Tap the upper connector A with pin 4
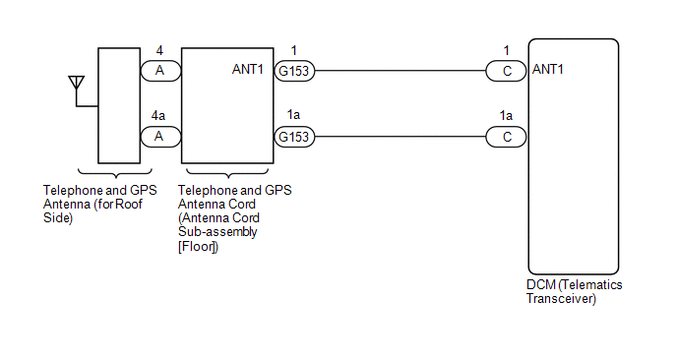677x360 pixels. [160, 71]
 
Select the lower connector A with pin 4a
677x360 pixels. [160, 137]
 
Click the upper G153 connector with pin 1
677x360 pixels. [294, 71]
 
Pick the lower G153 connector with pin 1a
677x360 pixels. [294, 137]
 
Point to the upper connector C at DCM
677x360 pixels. [506, 71]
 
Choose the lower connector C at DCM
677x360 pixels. [506, 137]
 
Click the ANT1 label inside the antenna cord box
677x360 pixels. [247, 69]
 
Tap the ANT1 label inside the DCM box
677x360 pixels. [547, 69]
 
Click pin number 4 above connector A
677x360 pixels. [159, 50]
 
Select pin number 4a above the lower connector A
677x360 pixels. [158, 115]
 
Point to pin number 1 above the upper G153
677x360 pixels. [294, 50]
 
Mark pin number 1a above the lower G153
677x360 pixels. [293, 114]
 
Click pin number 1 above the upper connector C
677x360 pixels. [507, 50]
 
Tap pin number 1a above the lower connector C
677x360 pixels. [506, 115]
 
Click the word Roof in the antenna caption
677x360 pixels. [129, 204]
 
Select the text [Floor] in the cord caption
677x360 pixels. [198, 247]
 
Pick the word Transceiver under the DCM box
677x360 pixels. [561, 298]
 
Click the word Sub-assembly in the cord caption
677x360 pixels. [217, 232]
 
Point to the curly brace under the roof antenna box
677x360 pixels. [115, 173]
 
